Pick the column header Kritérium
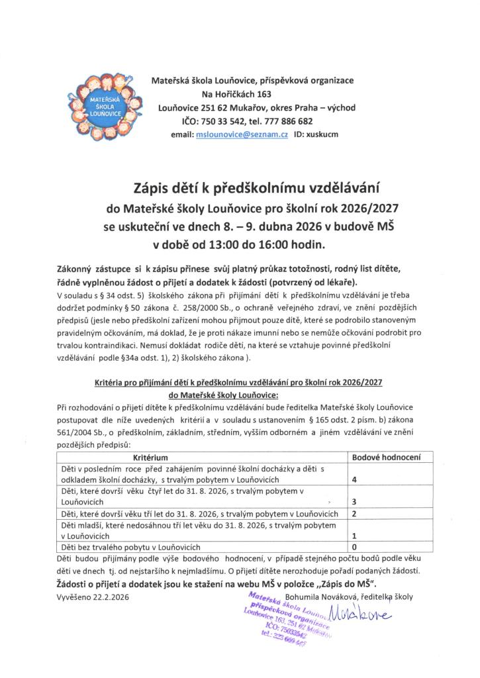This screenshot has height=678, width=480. tap(150, 458)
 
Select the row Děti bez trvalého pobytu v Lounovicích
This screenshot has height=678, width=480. tap(130, 548)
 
